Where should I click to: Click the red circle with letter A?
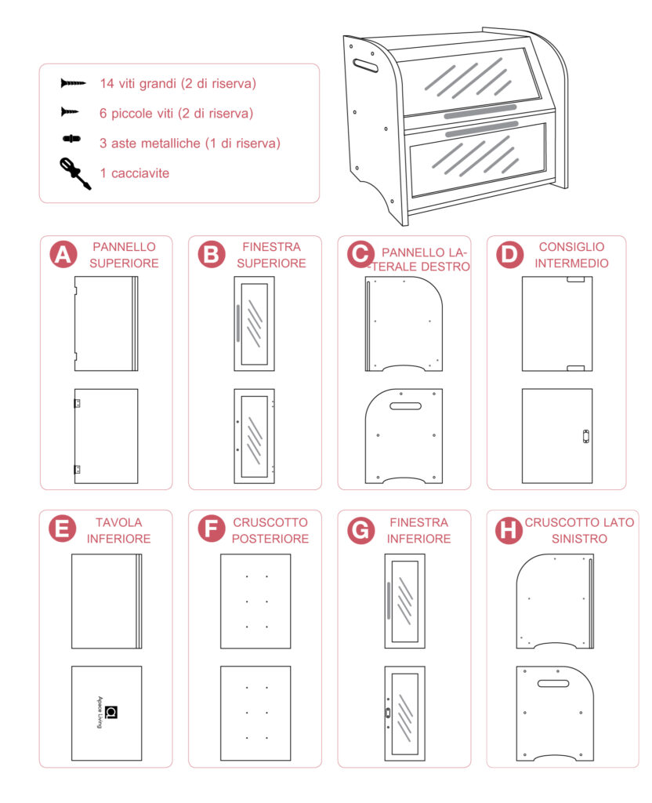point(63,255)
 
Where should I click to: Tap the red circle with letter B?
point(212,255)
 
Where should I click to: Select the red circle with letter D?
point(509,255)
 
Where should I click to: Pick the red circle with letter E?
point(62,529)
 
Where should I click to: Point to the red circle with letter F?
point(212,529)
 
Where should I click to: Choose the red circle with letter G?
point(360,530)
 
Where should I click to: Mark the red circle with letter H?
point(509,530)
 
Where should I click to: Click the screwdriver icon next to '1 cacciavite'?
point(75,173)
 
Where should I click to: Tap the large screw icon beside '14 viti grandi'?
point(73,83)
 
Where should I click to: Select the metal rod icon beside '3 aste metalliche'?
point(71,138)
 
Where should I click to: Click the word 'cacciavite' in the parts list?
point(140,173)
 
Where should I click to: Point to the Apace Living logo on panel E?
point(108,712)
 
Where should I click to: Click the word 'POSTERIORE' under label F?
point(270,539)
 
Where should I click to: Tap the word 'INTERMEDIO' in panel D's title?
point(571,263)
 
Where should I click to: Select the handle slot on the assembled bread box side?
point(365,65)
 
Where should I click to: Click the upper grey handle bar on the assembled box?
point(480,112)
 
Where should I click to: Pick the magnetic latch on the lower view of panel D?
point(586,436)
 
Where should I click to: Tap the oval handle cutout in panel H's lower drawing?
point(553,683)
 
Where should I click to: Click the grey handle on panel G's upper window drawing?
point(389,600)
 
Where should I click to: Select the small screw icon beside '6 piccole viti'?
point(70,111)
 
